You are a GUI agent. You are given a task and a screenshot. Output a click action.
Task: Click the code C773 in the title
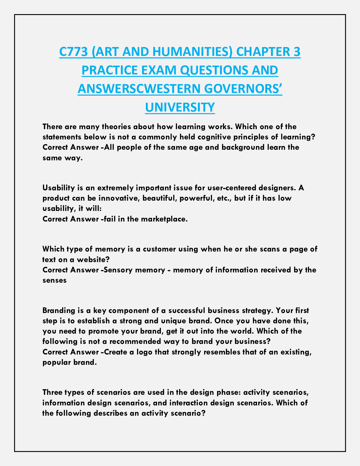[x=73, y=52]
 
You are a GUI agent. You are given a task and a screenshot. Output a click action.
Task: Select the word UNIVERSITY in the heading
[x=180, y=107]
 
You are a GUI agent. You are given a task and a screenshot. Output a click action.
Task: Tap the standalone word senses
[x=54, y=280]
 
